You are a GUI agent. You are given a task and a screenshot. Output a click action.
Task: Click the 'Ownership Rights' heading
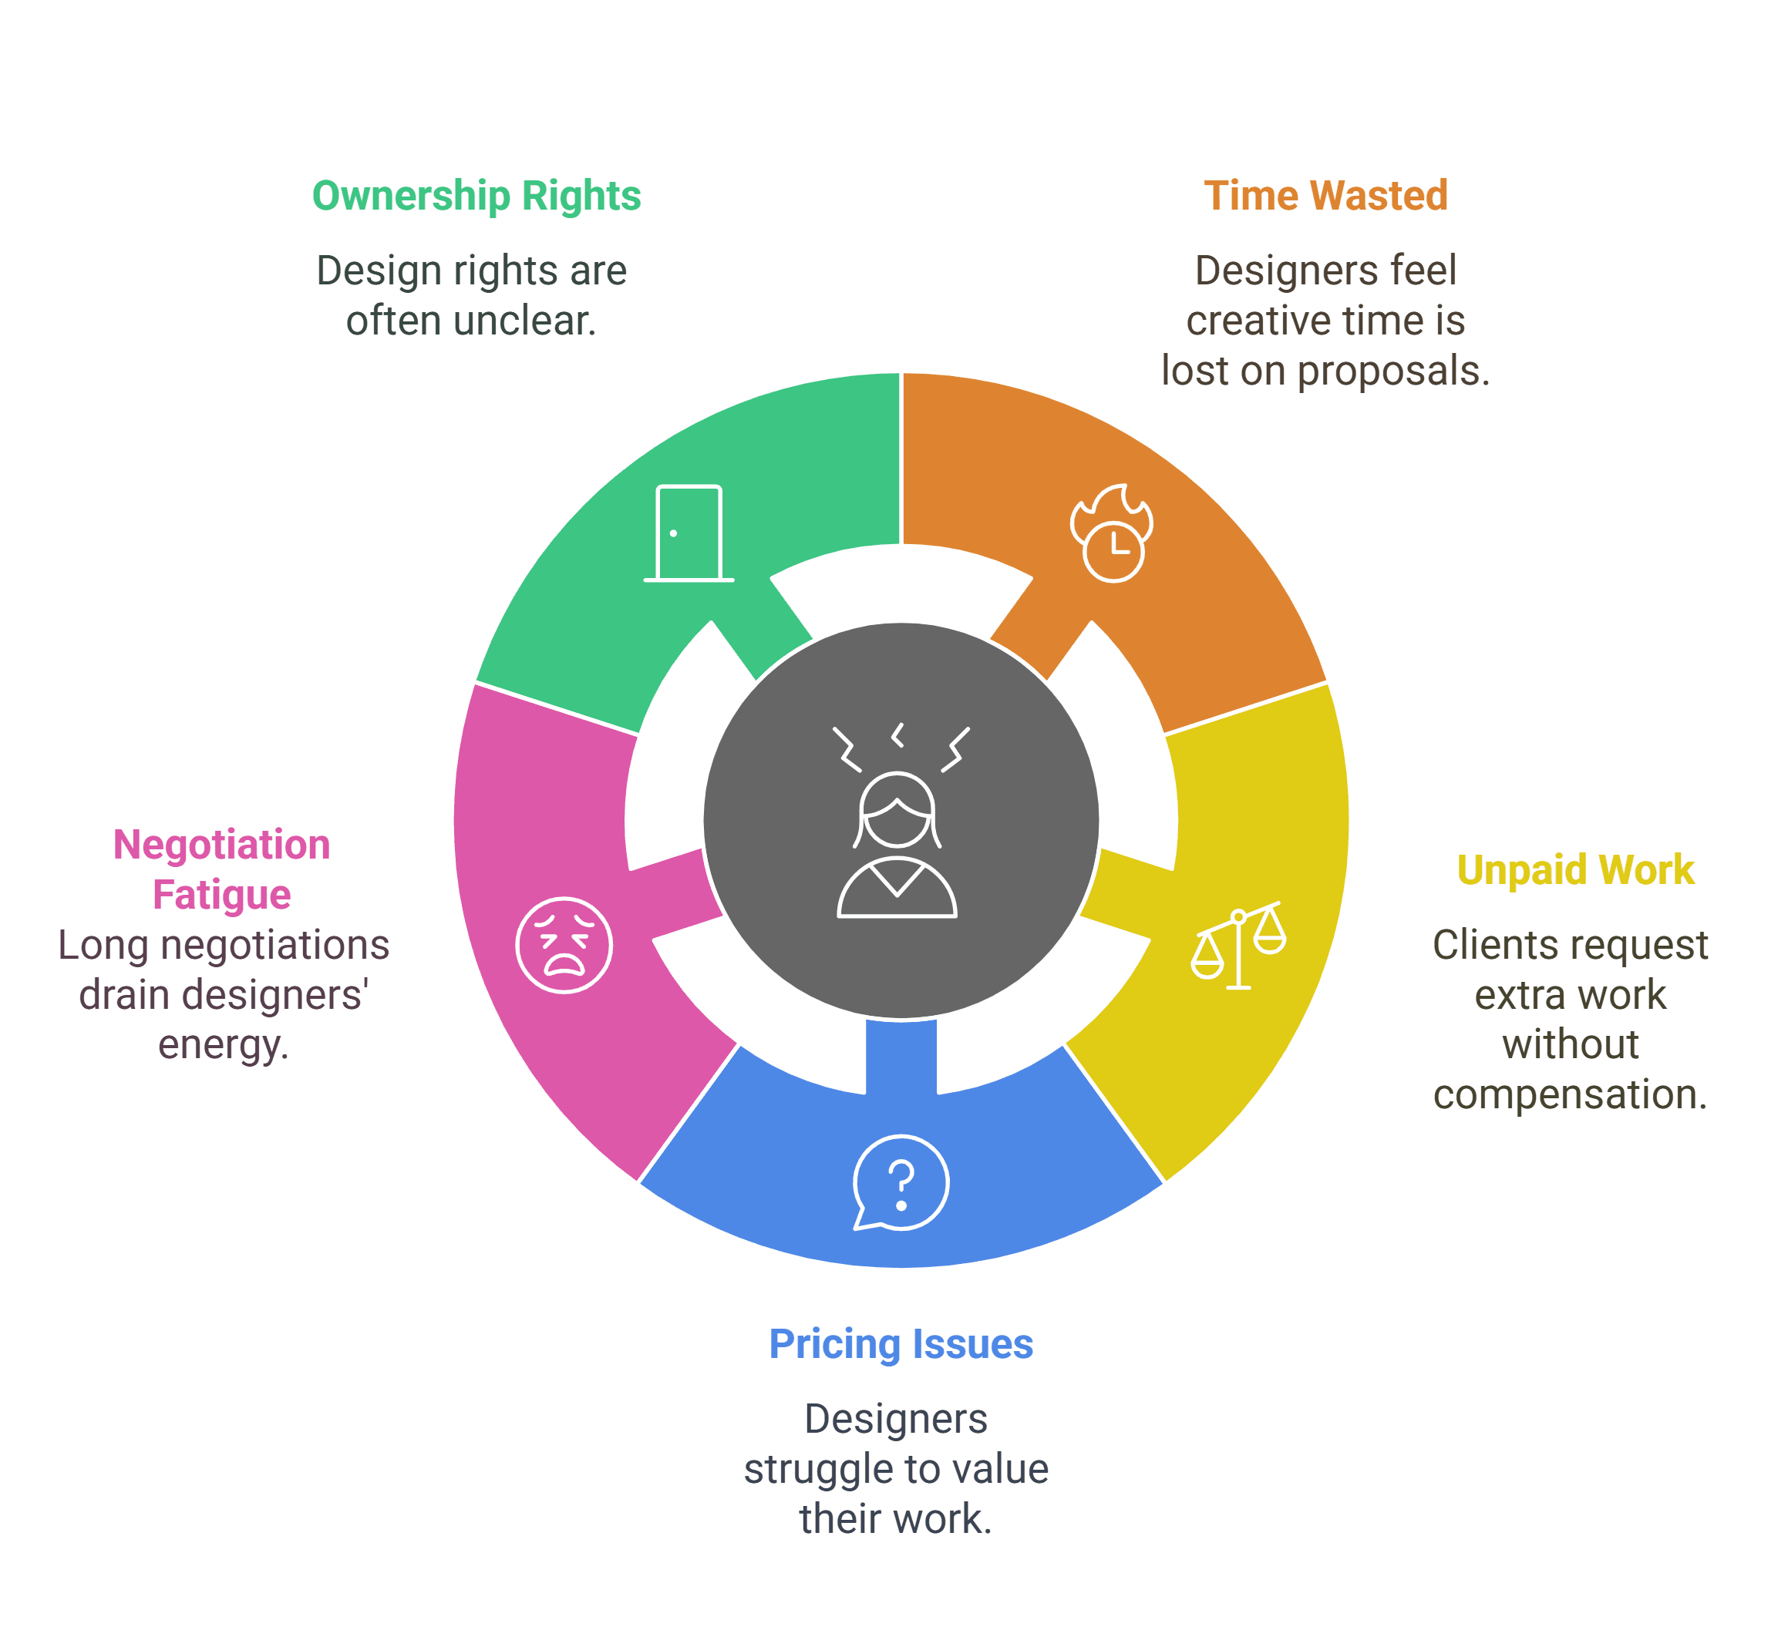point(476,196)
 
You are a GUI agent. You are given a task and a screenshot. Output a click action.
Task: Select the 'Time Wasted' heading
point(1325,195)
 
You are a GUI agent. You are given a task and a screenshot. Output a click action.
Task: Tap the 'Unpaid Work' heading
point(1574,870)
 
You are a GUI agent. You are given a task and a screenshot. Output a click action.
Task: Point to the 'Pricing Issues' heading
point(901,1344)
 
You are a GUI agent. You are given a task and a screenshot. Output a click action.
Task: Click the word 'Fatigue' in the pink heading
point(221,895)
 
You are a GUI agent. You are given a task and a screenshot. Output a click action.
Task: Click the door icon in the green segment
point(689,533)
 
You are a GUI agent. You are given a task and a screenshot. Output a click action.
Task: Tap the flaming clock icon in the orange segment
point(1111,533)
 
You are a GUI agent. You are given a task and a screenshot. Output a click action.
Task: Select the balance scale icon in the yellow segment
point(1238,946)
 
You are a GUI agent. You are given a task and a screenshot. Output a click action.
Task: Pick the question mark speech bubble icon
point(901,1183)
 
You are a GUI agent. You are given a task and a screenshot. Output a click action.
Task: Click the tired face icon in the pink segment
point(564,945)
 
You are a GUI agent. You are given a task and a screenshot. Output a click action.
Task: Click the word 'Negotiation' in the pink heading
point(221,844)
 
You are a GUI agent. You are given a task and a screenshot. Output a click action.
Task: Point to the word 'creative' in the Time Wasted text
point(1241,321)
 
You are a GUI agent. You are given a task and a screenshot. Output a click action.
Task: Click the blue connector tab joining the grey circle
point(901,1055)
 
